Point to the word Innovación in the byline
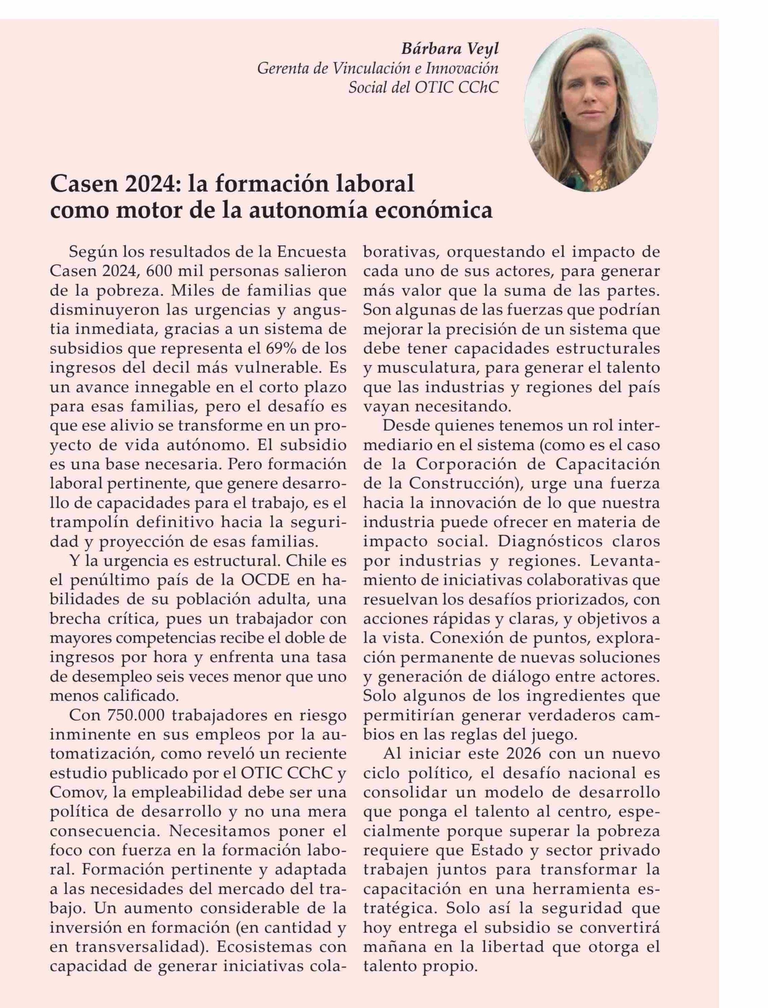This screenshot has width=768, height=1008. point(462,69)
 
